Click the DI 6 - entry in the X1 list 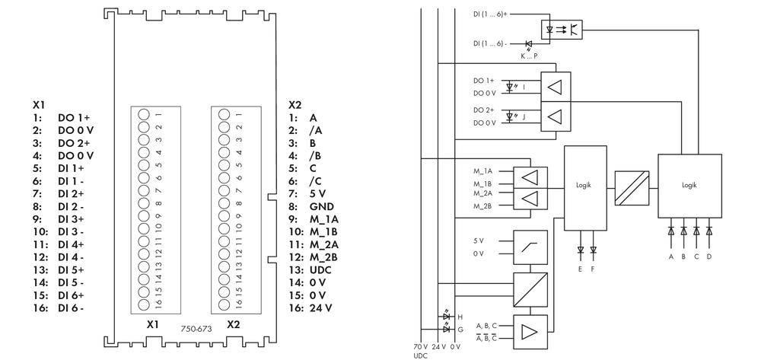(71, 307)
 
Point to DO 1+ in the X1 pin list (74, 117)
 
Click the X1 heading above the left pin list (40, 104)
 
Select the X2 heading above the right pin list (295, 104)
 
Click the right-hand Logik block (689, 184)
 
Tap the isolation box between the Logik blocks (632, 187)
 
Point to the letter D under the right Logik (709, 256)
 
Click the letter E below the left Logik (581, 269)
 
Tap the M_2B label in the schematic (482, 206)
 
